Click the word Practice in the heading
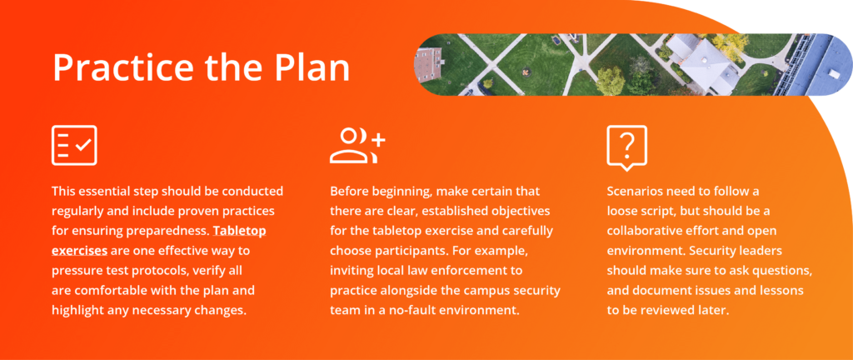click(122, 67)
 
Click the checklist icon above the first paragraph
click(74, 145)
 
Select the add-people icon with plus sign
click(357, 145)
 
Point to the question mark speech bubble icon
click(626, 147)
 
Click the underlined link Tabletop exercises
click(159, 240)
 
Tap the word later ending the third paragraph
click(714, 310)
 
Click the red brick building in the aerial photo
click(427, 64)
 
